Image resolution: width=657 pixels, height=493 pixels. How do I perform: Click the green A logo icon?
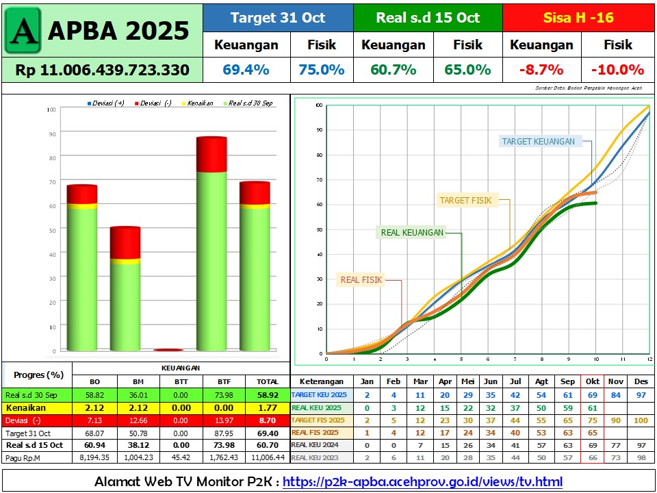coord(23,31)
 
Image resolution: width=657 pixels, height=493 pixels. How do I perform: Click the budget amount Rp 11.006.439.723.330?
coord(102,70)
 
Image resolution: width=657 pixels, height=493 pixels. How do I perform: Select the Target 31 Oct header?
coord(278,18)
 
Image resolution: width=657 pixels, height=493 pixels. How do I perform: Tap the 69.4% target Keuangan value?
coord(246,70)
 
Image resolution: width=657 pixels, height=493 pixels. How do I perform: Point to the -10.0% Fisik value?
coord(617,70)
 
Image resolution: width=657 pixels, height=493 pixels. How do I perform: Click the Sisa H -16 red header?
coord(578,18)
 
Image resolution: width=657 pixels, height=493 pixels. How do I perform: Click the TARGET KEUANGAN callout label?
coord(538,142)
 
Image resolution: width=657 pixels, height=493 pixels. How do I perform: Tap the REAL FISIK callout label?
coord(362,279)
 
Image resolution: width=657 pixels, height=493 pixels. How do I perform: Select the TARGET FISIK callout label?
coord(465,201)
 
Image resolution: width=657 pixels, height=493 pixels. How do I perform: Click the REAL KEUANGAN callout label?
coord(412,233)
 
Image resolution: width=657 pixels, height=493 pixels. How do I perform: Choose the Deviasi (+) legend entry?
coord(106,103)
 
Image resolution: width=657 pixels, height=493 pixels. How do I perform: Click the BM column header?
coord(138,381)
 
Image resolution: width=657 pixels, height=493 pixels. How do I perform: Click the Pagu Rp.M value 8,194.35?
coord(94,457)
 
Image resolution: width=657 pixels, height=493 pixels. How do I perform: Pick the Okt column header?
coord(592,381)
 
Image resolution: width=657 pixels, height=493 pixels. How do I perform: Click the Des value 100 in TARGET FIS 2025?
coord(641,420)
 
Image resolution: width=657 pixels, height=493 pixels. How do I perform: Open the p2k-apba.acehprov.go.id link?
coord(422,482)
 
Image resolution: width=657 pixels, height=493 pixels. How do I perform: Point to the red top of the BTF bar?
coord(211,154)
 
